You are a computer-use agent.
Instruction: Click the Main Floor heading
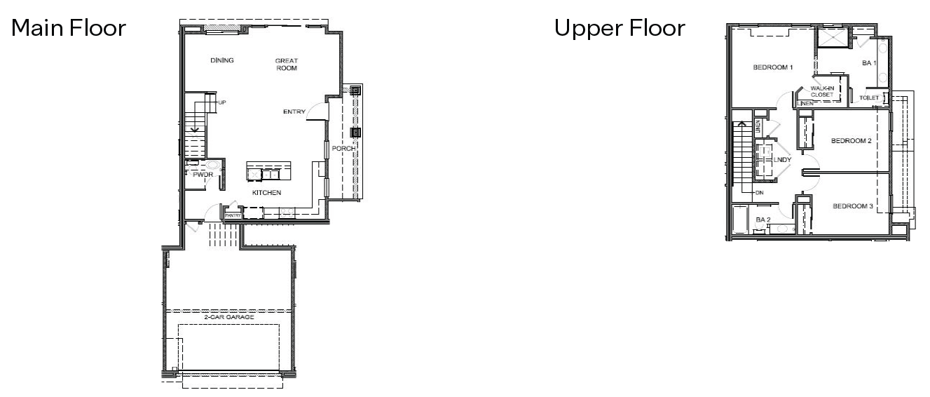(x=68, y=29)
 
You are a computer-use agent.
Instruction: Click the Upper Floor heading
(x=620, y=29)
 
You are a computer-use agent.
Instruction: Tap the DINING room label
(x=221, y=60)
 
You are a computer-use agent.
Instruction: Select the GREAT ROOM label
(x=287, y=65)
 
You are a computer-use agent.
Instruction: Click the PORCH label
(x=344, y=149)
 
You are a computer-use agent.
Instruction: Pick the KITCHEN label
(x=266, y=191)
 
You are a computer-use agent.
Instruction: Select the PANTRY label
(x=233, y=215)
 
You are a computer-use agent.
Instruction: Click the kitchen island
(x=268, y=172)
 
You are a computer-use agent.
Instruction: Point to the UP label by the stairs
(x=222, y=102)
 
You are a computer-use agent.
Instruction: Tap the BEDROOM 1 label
(x=772, y=68)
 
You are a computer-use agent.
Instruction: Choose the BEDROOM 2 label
(x=851, y=141)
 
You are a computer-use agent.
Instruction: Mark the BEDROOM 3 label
(x=852, y=206)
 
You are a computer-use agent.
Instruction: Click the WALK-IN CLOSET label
(x=822, y=90)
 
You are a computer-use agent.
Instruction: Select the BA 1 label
(x=869, y=63)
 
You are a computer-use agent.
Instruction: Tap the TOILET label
(x=868, y=97)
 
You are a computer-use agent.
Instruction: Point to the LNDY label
(x=782, y=160)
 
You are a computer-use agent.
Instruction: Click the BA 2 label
(x=763, y=220)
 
